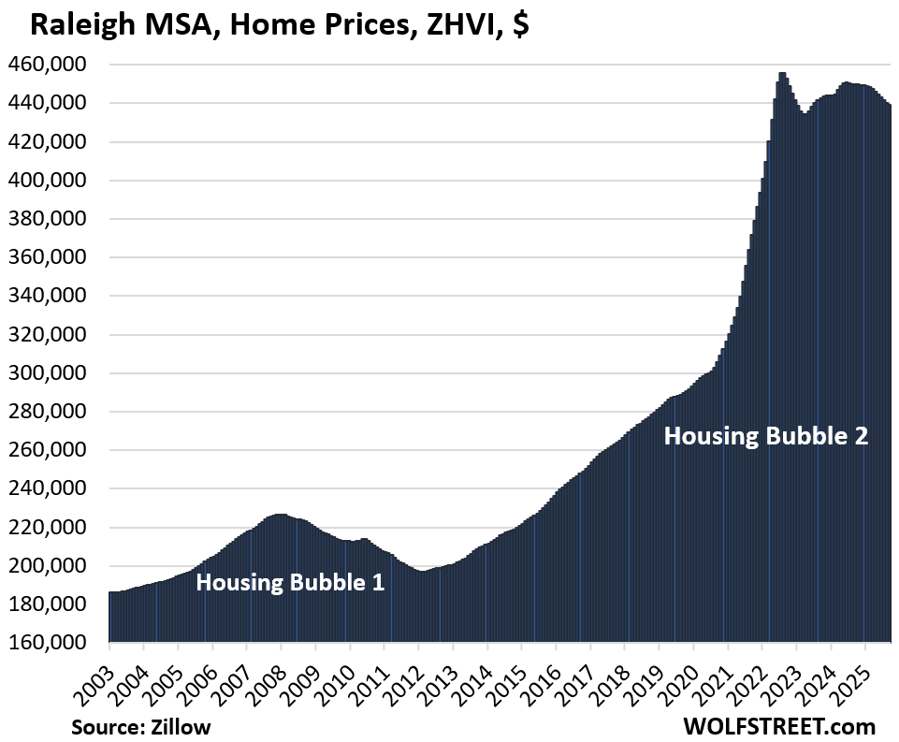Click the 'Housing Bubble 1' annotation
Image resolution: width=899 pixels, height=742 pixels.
[289, 582]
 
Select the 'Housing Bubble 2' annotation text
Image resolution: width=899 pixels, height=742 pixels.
[766, 435]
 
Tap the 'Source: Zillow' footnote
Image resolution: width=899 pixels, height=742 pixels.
[140, 726]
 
